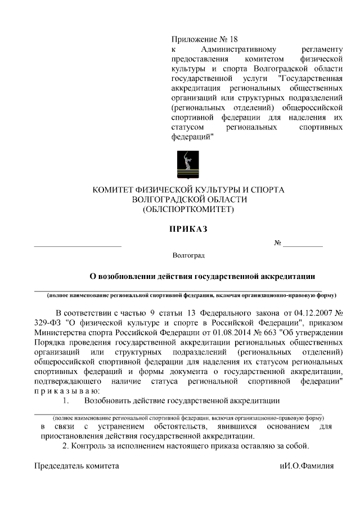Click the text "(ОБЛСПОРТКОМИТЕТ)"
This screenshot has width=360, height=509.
coord(188,210)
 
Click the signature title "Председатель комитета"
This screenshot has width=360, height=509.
coord(76,466)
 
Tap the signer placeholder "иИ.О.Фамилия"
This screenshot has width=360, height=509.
coord(307,466)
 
